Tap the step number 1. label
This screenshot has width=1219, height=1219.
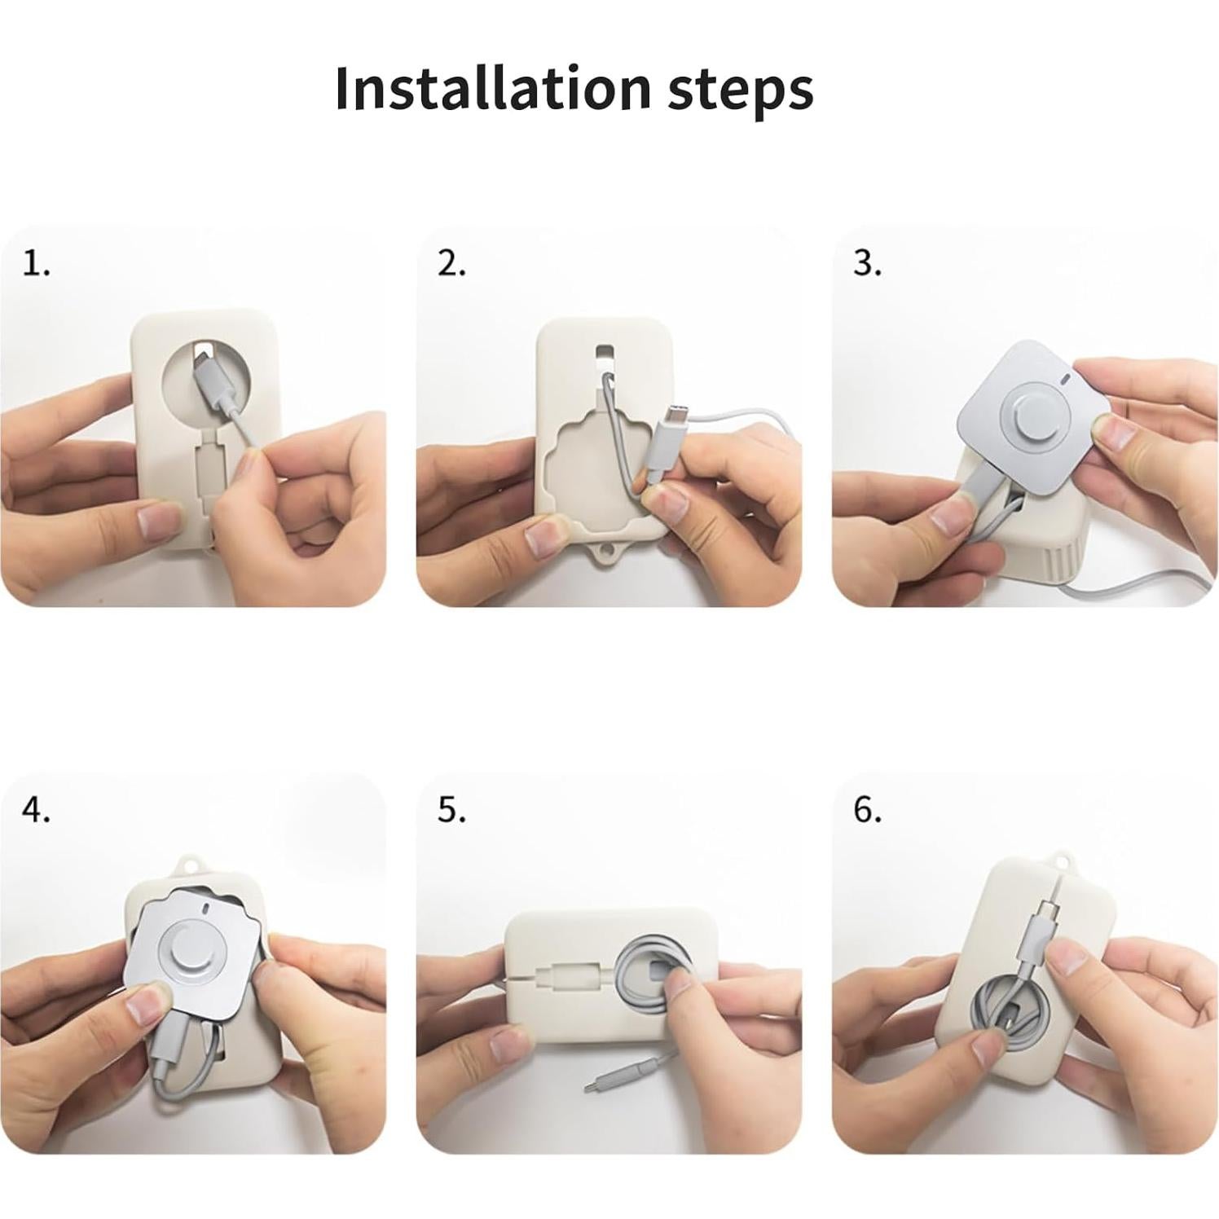point(36,264)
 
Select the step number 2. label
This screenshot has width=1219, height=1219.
point(451,264)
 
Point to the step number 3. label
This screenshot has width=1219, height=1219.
point(867,264)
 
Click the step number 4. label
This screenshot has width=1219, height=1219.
point(36,810)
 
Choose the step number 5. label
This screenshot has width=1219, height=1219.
point(451,810)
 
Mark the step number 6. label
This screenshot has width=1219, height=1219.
point(867,810)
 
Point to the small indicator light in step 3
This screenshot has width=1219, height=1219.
point(1064,380)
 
